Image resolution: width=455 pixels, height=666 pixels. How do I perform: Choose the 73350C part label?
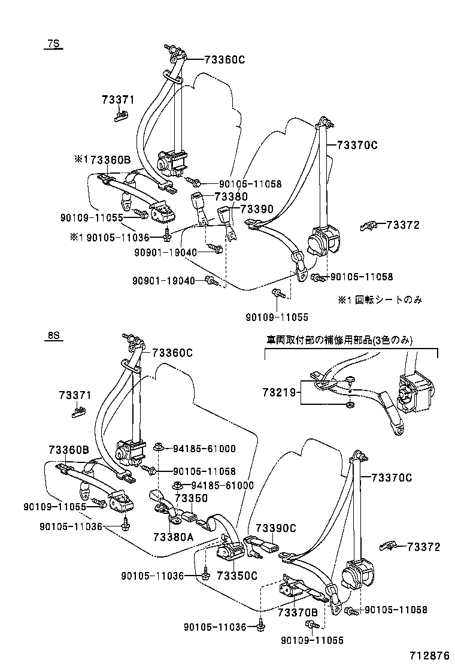tap(236, 576)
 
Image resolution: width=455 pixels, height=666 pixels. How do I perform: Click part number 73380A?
tap(173, 537)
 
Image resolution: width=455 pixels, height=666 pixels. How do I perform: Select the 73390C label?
tap(276, 528)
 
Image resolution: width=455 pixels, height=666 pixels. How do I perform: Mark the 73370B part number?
tap(298, 612)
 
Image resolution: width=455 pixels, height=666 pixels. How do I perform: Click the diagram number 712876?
tap(429, 655)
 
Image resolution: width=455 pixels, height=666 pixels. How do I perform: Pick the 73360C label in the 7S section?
tap(225, 59)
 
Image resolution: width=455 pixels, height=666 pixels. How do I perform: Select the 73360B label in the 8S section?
tap(69, 449)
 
